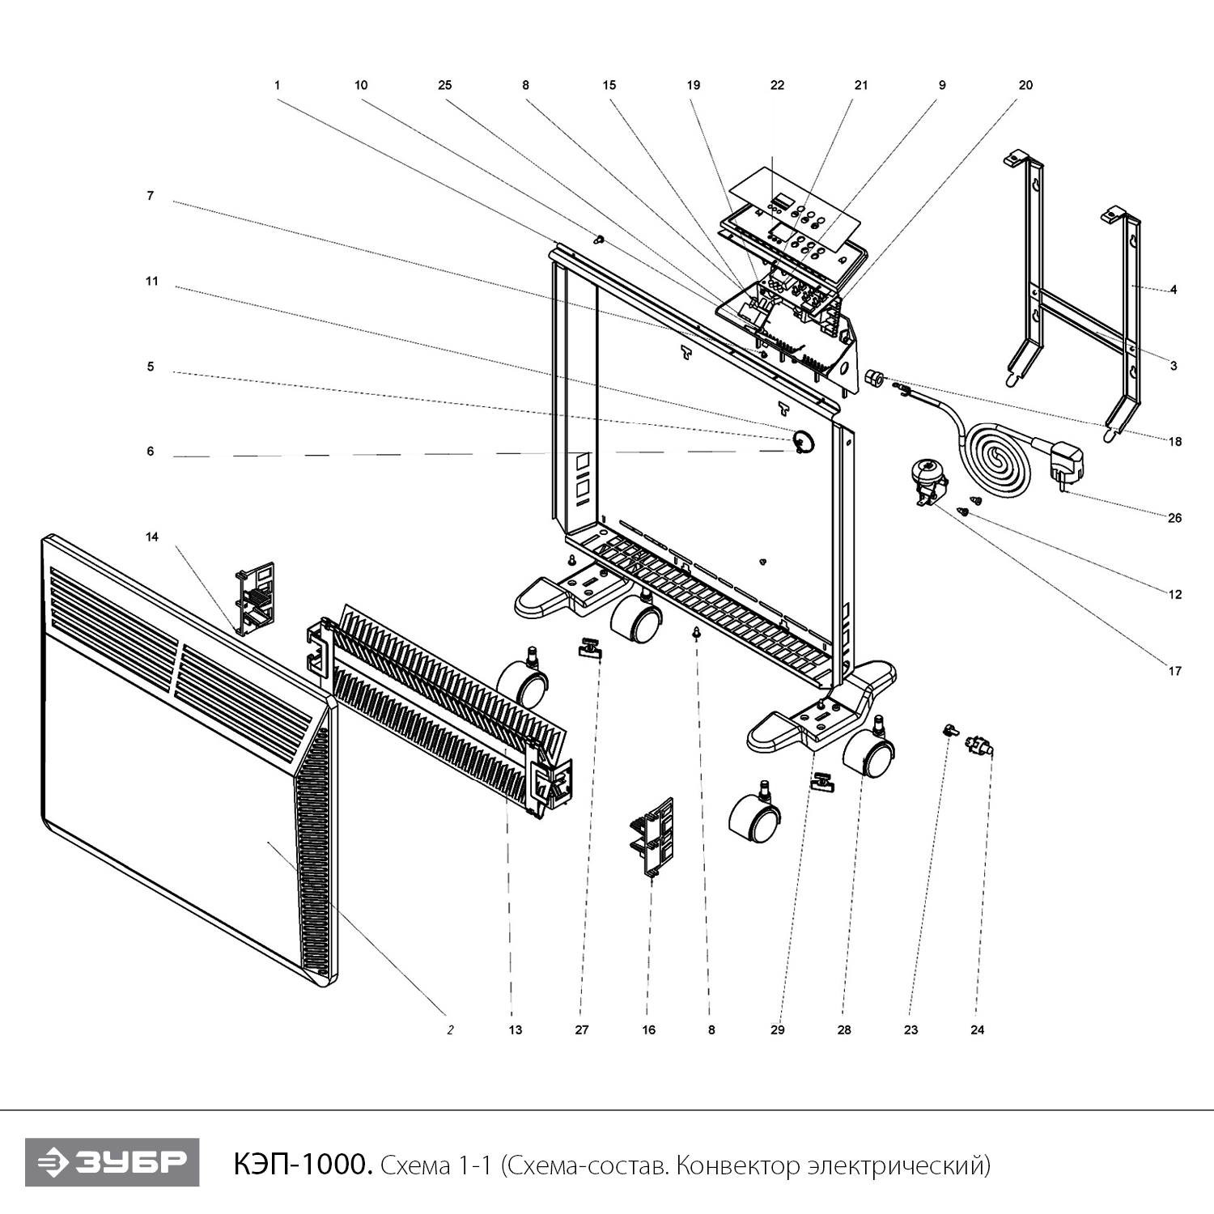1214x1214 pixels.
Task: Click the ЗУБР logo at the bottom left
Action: (x=112, y=1163)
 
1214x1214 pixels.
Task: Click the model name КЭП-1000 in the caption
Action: (x=303, y=1165)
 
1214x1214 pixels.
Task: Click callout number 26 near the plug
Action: (x=1174, y=518)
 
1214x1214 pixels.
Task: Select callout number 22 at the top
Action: (x=777, y=85)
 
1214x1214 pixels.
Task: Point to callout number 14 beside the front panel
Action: (x=152, y=537)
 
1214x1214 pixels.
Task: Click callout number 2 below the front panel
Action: (x=450, y=1030)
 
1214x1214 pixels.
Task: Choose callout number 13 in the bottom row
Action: (x=516, y=1030)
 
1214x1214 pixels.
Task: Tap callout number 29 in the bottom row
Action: (x=777, y=1030)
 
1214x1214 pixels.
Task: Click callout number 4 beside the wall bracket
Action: (x=1174, y=290)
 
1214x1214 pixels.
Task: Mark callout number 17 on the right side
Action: (x=1174, y=671)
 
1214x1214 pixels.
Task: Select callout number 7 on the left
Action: (x=150, y=196)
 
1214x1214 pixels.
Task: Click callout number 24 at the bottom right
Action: (x=977, y=1030)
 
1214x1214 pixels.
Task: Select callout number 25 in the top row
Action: (x=444, y=85)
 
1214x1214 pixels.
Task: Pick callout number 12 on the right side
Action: (x=1174, y=595)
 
